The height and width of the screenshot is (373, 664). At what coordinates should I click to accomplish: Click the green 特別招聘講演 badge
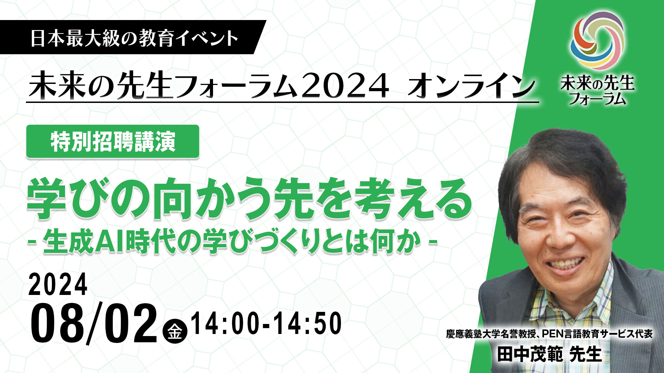(x=113, y=142)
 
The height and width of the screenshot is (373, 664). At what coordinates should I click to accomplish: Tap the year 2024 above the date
(x=58, y=284)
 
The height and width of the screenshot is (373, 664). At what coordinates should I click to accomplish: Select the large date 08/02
(x=93, y=323)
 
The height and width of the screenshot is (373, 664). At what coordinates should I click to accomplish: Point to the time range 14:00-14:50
(x=266, y=323)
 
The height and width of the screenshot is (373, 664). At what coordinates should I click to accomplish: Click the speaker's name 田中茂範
(x=530, y=354)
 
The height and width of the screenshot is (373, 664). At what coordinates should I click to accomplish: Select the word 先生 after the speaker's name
(x=585, y=354)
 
